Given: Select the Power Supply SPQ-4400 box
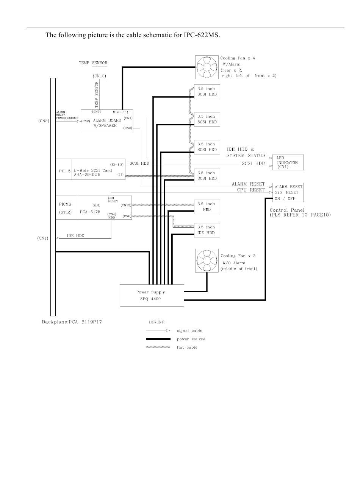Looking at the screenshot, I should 152,295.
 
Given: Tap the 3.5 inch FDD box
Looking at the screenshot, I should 207,207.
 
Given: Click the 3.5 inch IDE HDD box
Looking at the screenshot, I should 207,230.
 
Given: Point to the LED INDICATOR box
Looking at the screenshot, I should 288,162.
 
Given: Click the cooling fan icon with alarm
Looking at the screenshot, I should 207,68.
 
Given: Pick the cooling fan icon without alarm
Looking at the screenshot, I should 207,260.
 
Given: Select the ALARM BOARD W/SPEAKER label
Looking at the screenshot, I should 107,123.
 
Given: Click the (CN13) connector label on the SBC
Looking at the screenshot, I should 126,205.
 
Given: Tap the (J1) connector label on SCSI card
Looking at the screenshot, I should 121,174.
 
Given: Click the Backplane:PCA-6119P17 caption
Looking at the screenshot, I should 72,322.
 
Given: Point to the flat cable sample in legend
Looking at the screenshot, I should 158,347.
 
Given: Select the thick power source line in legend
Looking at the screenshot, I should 158,339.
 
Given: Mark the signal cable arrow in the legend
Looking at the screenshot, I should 158,330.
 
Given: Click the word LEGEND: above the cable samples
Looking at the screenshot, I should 157,322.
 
